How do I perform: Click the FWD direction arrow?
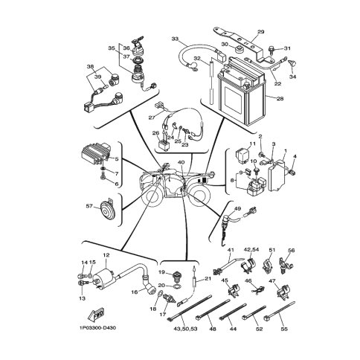[95, 314]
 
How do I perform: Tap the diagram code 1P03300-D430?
[97, 328]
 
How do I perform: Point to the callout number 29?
[261, 32]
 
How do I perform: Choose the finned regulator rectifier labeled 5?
[97, 154]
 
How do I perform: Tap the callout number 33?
[175, 39]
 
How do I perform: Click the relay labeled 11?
[242, 156]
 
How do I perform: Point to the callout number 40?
[181, 162]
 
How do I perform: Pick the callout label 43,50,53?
[185, 329]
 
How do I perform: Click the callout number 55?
[285, 329]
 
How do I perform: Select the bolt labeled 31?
[271, 51]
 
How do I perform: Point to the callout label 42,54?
[251, 249]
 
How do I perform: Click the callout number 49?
[237, 209]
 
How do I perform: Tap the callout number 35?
[112, 48]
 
